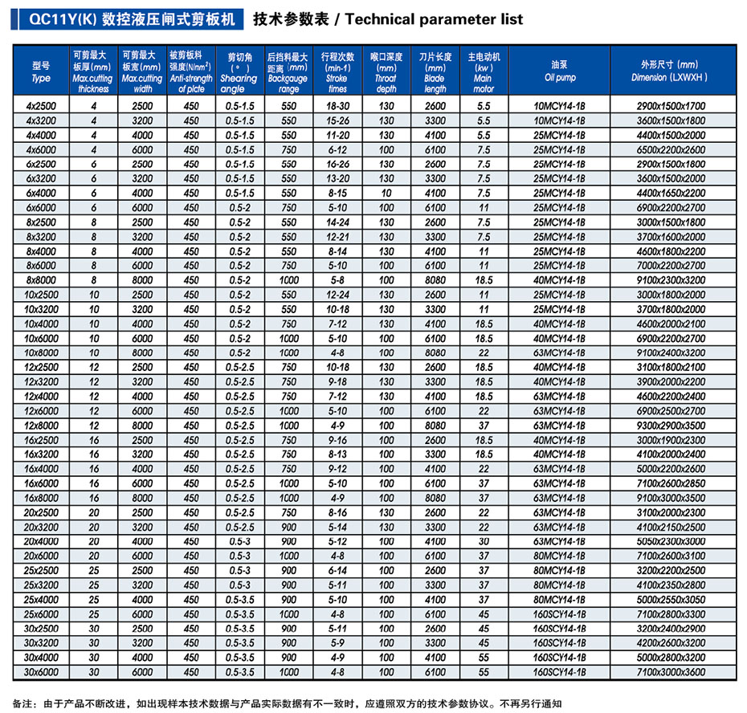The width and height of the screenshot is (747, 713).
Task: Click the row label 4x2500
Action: tap(41, 106)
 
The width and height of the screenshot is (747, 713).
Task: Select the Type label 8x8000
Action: tap(41, 280)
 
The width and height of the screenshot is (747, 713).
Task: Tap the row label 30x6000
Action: tap(41, 672)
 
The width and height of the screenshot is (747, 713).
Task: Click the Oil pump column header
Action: tap(560, 71)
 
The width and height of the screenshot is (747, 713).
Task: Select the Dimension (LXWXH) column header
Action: tap(671, 71)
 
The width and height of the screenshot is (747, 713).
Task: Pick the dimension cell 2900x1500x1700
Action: tap(671, 106)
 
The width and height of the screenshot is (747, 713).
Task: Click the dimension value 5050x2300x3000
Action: tap(671, 541)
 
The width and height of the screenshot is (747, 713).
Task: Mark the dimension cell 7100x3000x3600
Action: tap(671, 672)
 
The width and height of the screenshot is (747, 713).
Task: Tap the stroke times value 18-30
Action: tap(338, 106)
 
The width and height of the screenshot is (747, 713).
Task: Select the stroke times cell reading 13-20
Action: tap(338, 178)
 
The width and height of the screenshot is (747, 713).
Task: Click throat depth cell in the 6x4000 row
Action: tap(386, 193)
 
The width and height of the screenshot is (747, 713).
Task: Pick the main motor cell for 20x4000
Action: tap(484, 541)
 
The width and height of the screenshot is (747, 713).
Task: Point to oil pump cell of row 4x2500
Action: tap(559, 106)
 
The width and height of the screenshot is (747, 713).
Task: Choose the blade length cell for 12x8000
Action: tap(435, 426)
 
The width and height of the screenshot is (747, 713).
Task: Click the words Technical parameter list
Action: tap(434, 19)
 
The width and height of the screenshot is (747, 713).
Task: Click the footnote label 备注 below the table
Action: tap(22, 703)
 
